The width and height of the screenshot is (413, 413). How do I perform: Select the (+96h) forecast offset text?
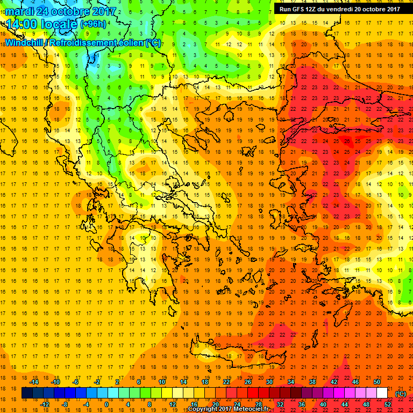tap(93, 24)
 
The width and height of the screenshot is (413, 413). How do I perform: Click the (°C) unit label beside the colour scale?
tap(400, 394)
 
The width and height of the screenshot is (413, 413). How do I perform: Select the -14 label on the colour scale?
tap(34, 382)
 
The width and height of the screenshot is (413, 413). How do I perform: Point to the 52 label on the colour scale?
tap(388, 404)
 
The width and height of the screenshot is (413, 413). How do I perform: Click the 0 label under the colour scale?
tap(106, 404)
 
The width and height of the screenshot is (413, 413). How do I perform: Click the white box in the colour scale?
tap(382, 393)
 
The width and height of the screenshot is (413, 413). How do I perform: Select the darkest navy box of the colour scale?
tap(27, 393)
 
